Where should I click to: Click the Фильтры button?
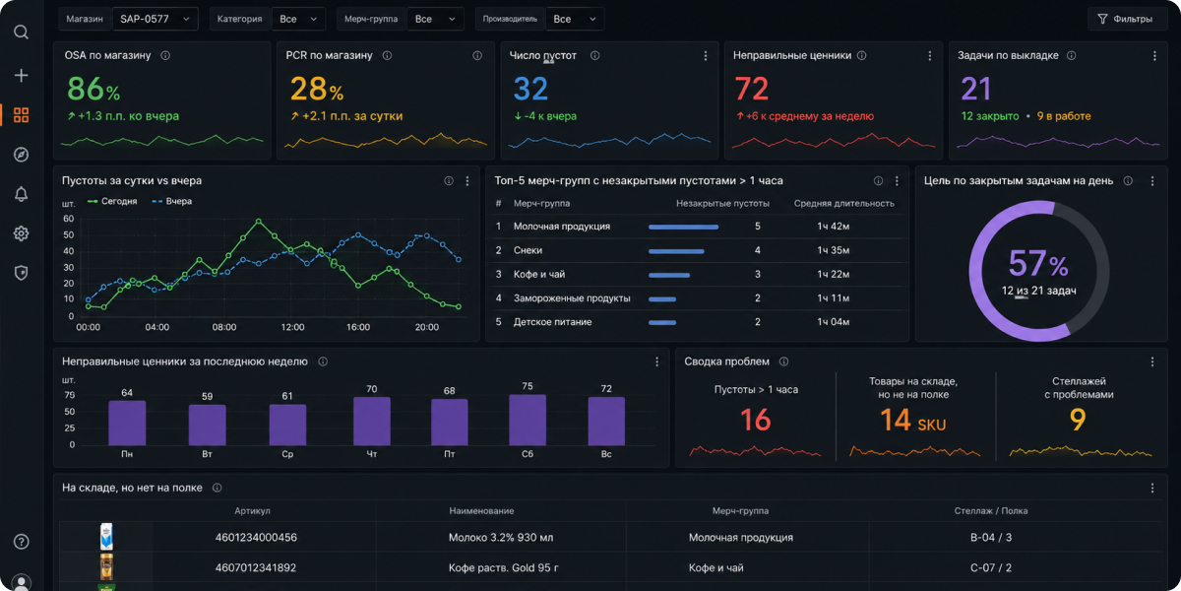(x=1126, y=19)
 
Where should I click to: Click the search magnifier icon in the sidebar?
(x=21, y=33)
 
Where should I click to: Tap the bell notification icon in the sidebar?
(x=21, y=194)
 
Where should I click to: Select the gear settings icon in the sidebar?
(x=21, y=233)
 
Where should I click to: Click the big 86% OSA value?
(x=93, y=89)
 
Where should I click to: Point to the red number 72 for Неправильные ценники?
(x=751, y=89)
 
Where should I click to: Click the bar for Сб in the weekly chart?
(x=528, y=420)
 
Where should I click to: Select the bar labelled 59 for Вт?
(x=208, y=425)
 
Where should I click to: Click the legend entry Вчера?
(x=172, y=201)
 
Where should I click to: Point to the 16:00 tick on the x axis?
(x=358, y=327)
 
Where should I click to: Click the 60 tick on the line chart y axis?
(x=69, y=219)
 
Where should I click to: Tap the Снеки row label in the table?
(x=528, y=250)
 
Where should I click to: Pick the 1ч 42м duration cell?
(x=833, y=227)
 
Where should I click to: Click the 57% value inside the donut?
(x=1038, y=263)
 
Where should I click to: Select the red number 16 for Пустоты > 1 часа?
(x=755, y=420)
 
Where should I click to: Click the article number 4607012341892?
(x=256, y=567)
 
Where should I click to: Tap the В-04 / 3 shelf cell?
(x=991, y=537)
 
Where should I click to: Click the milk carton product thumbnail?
(x=106, y=536)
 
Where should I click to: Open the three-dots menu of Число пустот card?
(x=706, y=55)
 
